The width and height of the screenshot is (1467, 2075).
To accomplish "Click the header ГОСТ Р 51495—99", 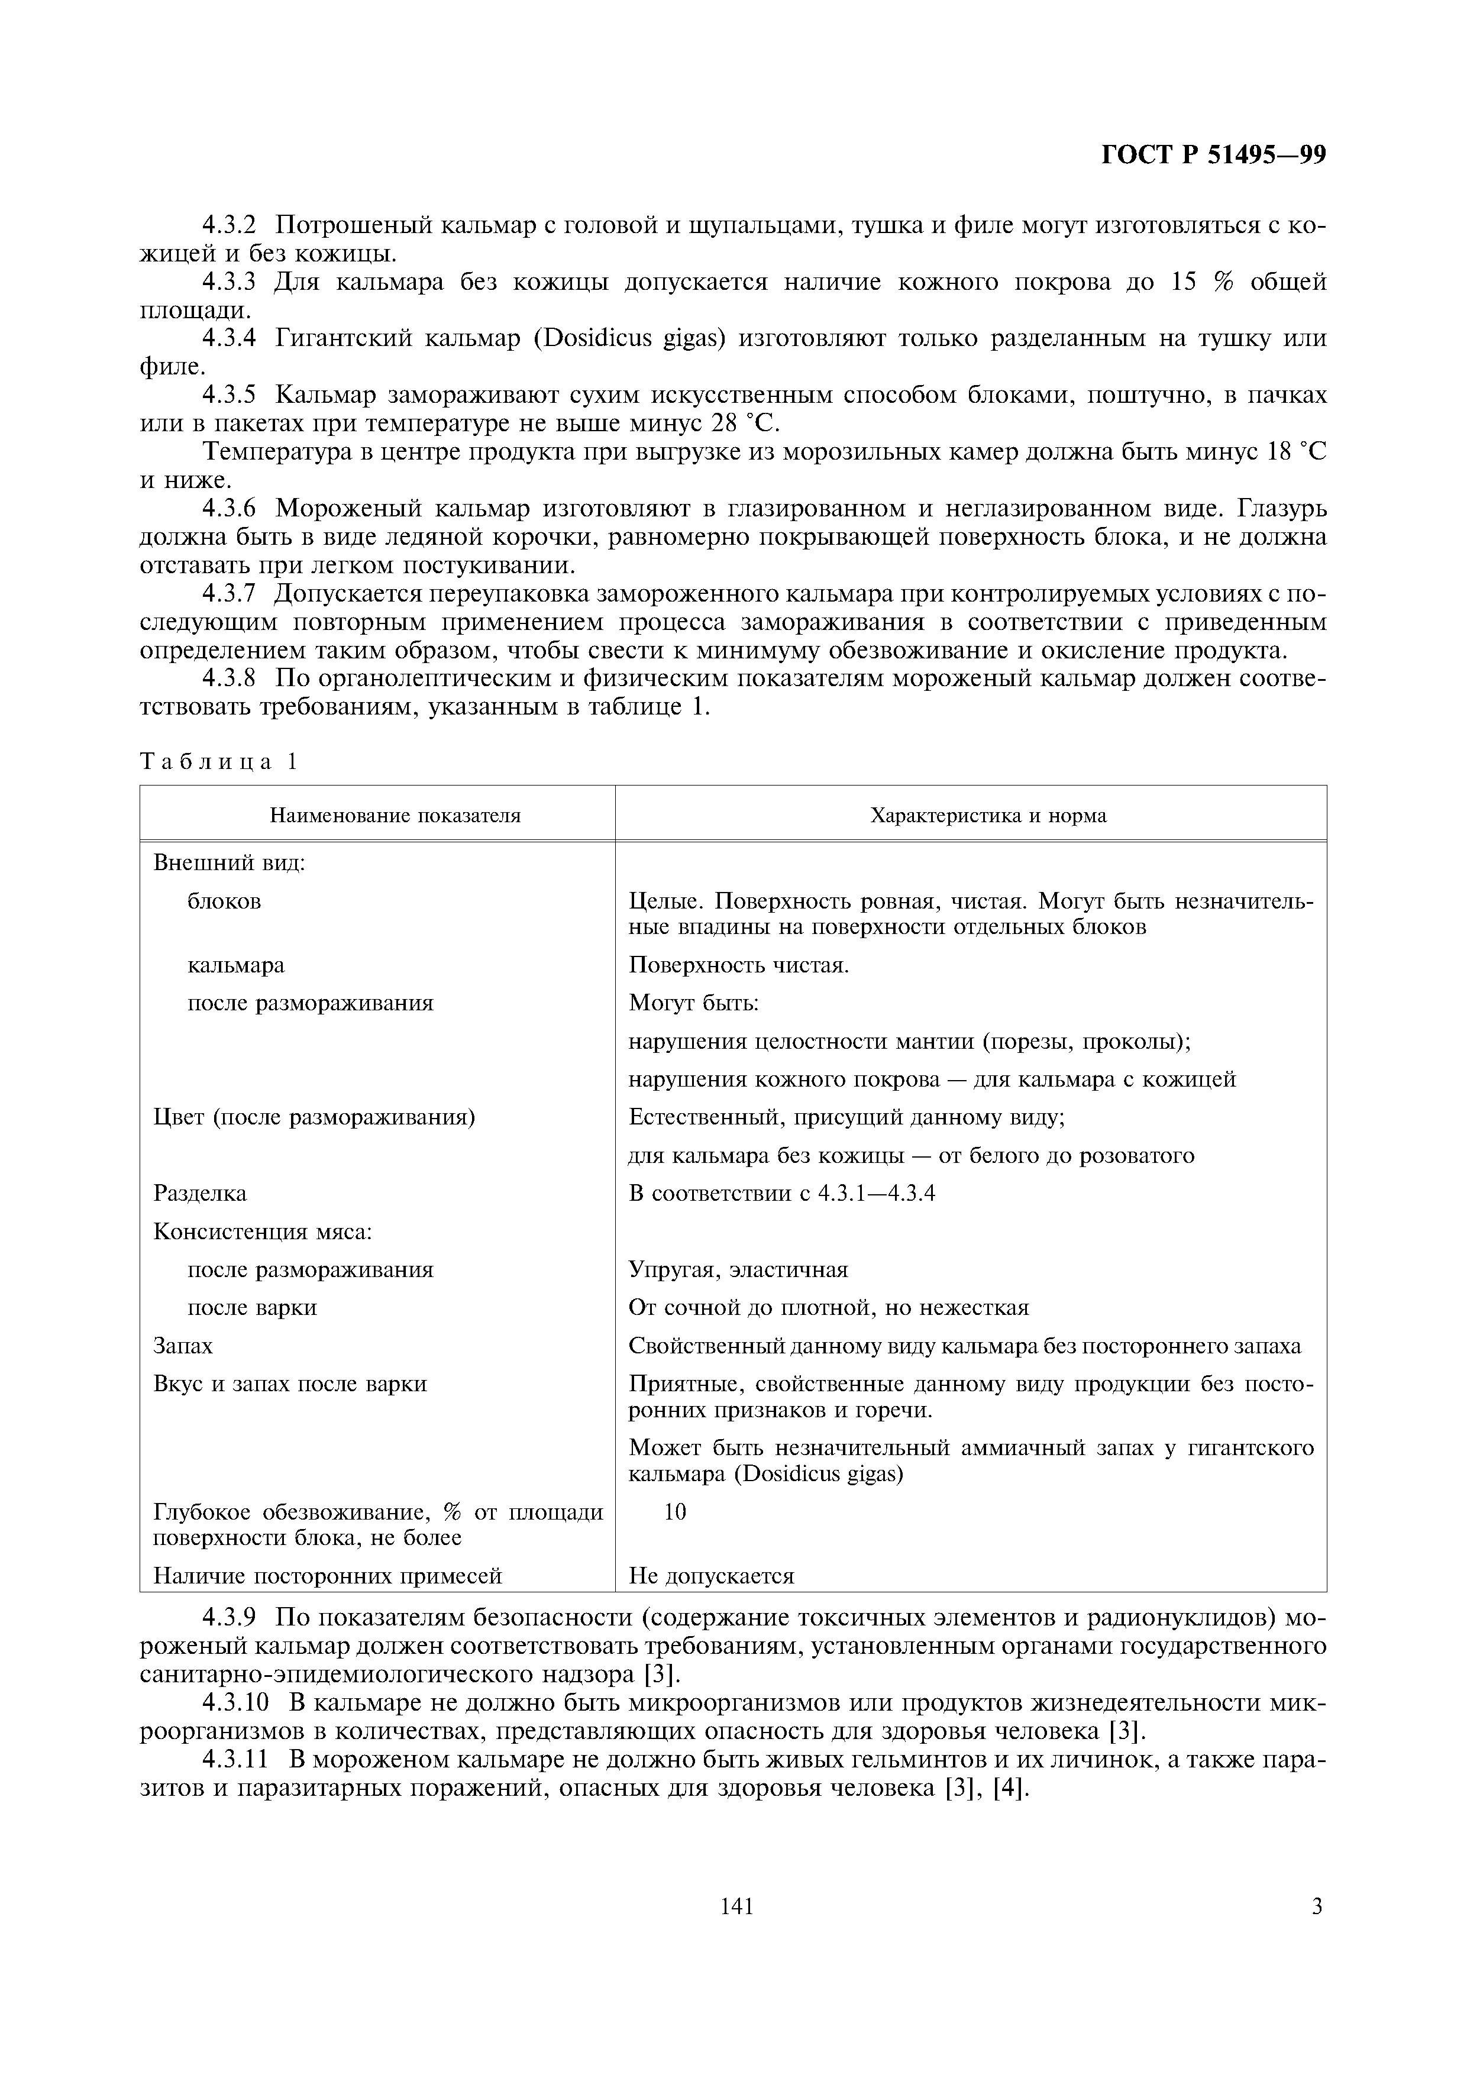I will [x=1213, y=156].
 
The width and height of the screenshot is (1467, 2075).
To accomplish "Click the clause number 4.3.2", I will [x=230, y=224].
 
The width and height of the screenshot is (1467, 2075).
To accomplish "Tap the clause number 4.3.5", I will [x=230, y=395].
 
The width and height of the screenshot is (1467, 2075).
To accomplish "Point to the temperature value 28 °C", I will [x=745, y=423].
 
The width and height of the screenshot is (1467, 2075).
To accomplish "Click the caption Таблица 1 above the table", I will [x=218, y=762].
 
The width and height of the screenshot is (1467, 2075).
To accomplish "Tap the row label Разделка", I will [x=200, y=1193].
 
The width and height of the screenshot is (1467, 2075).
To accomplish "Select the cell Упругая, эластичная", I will [x=738, y=1270].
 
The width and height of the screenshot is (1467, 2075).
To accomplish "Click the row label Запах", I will [x=183, y=1346].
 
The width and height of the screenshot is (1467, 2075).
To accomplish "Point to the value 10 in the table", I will [x=674, y=1512].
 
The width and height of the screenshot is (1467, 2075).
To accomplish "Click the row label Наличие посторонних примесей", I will [x=327, y=1576].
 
